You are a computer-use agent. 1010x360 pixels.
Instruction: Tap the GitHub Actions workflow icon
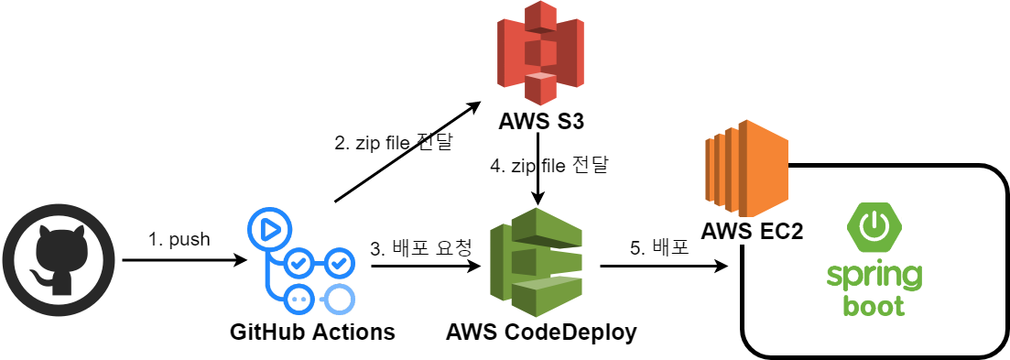point(301,260)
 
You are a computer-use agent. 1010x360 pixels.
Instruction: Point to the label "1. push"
point(179,240)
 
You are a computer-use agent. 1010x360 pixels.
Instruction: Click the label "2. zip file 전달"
point(393,144)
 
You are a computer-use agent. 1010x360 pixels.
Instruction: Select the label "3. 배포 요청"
point(421,247)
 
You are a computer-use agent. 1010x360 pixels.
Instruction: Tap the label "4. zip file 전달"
point(549,167)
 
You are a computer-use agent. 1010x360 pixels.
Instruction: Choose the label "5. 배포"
point(659,247)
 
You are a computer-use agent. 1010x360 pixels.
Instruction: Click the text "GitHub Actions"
point(312,332)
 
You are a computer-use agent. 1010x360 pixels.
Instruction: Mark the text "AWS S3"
point(541,122)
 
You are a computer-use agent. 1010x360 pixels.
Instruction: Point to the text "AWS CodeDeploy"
point(541,332)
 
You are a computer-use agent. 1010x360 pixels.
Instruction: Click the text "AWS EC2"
point(752,231)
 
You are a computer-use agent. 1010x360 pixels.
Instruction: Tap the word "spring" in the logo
point(874,276)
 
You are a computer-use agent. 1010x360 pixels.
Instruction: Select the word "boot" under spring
point(874,305)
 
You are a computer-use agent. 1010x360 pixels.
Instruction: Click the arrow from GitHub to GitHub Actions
point(183,261)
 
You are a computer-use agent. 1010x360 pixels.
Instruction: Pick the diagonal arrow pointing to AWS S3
point(407,152)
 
